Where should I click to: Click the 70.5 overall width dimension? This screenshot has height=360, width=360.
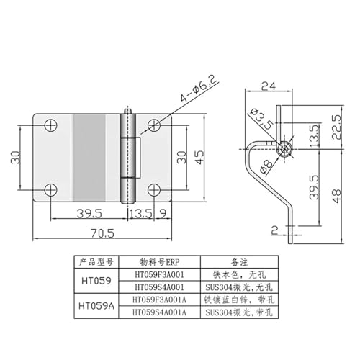coord(102,233)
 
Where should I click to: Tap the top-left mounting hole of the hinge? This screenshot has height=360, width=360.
coord(50,125)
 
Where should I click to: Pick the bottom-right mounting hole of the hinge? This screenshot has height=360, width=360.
coord(154,190)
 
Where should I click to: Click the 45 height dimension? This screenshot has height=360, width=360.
coord(199,157)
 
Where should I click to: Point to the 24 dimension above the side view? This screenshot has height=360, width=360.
coord(269,86)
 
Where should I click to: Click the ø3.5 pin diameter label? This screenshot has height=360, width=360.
coord(261,119)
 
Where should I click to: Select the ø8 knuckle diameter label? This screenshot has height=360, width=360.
coord(266,166)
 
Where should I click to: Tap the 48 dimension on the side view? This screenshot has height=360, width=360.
coord(337,196)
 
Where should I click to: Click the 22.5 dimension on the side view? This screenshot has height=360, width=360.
coord(337,127)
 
